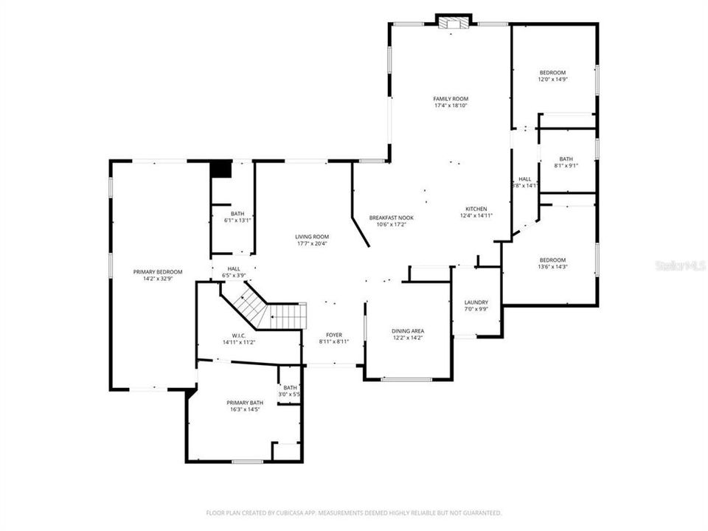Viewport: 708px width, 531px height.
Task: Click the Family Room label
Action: tap(450, 102)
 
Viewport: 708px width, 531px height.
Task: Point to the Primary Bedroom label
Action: tap(158, 275)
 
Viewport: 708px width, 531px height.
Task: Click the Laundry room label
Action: tap(476, 306)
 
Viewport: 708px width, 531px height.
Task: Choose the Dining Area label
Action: tap(408, 335)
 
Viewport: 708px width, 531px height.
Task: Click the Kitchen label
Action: tap(476, 212)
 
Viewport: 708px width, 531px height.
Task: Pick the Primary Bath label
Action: tap(243, 406)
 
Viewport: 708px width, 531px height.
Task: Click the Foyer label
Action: tap(334, 338)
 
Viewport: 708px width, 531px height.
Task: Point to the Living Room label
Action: tap(312, 240)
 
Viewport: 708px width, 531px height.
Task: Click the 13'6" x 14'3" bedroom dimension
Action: tap(552, 267)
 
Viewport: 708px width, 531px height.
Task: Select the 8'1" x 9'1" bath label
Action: tap(566, 162)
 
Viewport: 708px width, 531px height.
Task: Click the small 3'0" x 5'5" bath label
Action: tap(290, 391)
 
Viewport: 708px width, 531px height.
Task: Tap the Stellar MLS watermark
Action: tap(681, 265)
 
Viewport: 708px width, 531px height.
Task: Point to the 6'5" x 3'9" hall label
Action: tap(234, 272)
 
